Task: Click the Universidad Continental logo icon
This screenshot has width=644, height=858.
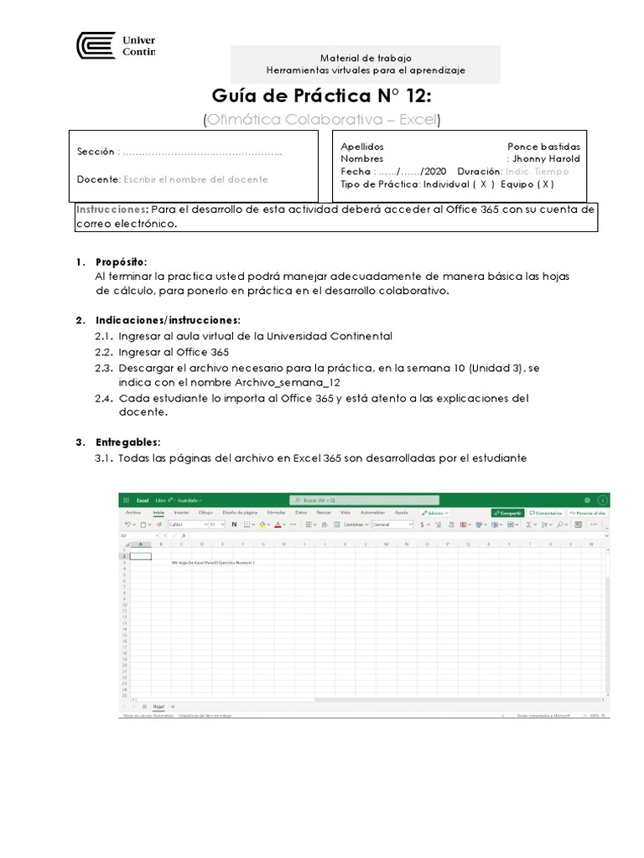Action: click(96, 45)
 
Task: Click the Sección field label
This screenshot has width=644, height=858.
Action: click(95, 152)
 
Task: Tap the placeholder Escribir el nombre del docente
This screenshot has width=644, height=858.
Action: click(195, 179)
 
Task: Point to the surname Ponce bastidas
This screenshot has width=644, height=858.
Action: click(543, 146)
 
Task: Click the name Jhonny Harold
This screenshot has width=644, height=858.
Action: click(546, 158)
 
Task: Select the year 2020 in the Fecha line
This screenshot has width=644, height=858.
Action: click(435, 171)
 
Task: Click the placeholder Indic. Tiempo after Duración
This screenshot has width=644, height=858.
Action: click(538, 171)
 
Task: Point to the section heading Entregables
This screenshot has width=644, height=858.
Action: click(127, 442)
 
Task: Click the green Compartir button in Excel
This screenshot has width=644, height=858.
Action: click(508, 512)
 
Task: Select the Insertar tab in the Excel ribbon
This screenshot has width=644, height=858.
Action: click(181, 512)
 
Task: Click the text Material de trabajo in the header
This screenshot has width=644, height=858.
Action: click(365, 58)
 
